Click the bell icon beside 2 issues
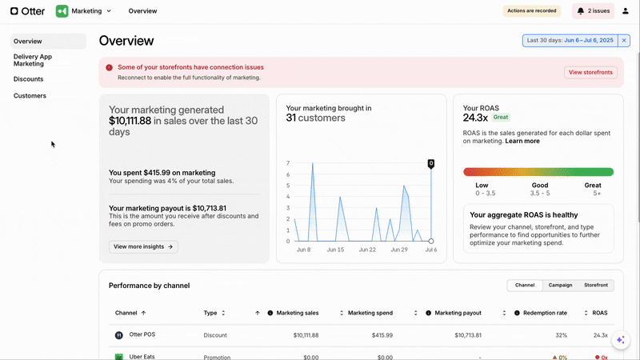click(581, 11)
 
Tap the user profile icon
click(626, 11)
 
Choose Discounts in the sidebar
click(29, 79)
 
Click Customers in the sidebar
click(30, 96)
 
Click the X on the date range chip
click(624, 40)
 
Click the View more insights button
click(143, 247)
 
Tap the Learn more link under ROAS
click(522, 141)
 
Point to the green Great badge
click(501, 118)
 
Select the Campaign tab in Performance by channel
click(560, 286)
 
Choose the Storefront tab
click(596, 286)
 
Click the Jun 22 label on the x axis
click(367, 250)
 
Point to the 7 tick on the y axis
click(287, 163)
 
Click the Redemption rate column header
click(545, 313)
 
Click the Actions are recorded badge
click(531, 11)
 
